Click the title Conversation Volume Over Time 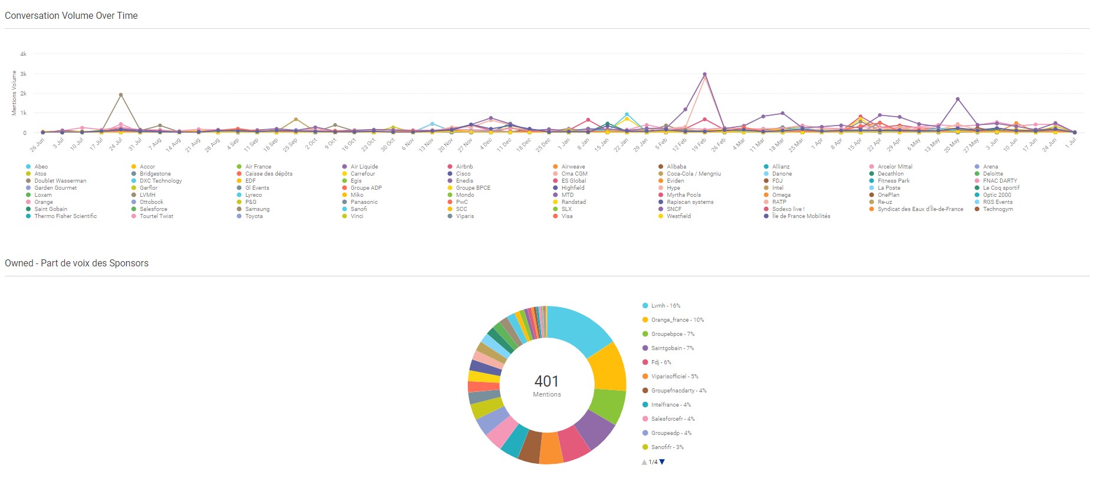point(71,16)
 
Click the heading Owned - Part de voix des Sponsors point(77,263)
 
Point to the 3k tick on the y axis point(24,74)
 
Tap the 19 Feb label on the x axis point(699,144)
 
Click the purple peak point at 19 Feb point(704,75)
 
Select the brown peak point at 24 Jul point(121,95)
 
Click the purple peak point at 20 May point(958,99)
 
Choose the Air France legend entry point(258,167)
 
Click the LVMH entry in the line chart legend point(148,195)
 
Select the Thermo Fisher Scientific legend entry point(65,216)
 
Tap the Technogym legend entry point(998,209)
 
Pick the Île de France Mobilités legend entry point(801,216)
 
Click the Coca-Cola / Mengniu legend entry point(693,174)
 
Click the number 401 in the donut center point(546,381)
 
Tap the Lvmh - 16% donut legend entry point(666,306)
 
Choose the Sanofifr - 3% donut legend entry point(667,447)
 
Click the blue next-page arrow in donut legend point(662,462)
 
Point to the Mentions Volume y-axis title point(14,93)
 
